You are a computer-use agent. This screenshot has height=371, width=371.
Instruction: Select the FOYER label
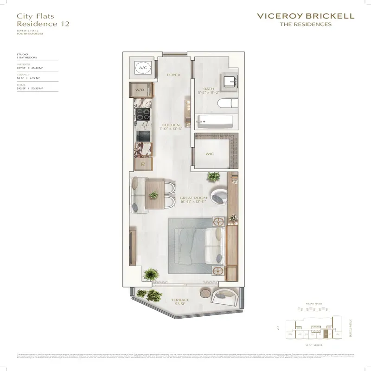pyautogui.click(x=174, y=75)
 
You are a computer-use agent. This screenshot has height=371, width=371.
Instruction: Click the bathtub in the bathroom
pyautogui.click(x=214, y=122)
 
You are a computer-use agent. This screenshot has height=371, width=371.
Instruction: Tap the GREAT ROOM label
pyautogui.click(x=192, y=198)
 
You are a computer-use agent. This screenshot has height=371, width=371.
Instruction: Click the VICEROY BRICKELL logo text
pyautogui.click(x=305, y=16)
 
